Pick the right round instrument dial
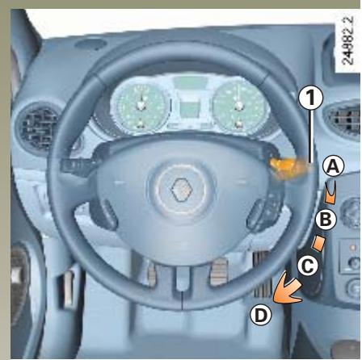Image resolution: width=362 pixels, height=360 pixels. [238, 106]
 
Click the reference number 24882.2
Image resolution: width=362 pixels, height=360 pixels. [347, 53]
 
